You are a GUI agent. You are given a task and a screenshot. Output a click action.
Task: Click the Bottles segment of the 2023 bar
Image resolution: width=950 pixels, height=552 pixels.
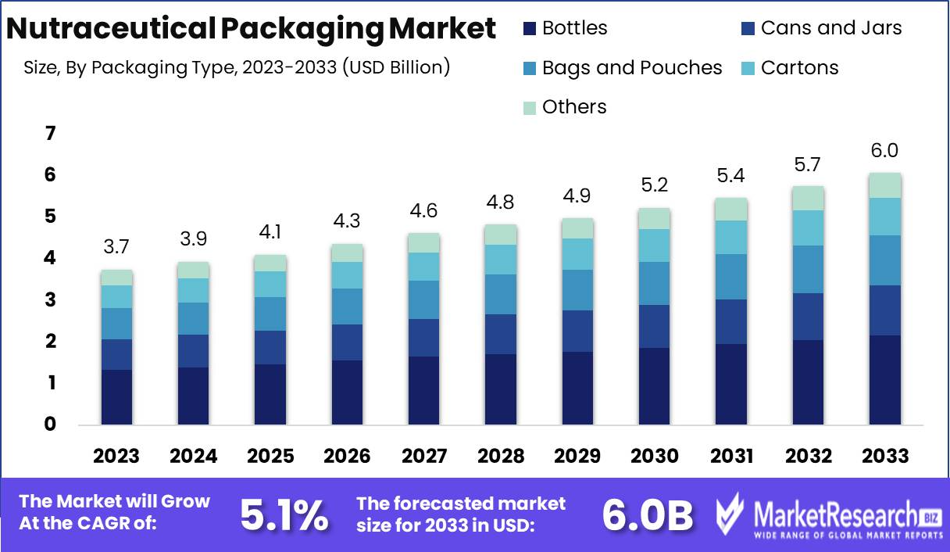pos(116,397)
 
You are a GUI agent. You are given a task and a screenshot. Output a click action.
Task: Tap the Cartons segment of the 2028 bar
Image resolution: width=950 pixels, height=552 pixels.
pos(500,260)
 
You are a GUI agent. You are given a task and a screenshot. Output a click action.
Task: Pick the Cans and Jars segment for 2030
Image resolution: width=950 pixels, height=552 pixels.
pos(654,326)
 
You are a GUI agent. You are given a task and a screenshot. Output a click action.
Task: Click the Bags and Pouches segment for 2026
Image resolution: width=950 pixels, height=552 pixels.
pos(347,306)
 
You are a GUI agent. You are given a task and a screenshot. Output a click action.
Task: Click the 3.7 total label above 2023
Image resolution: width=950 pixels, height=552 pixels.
pos(116,248)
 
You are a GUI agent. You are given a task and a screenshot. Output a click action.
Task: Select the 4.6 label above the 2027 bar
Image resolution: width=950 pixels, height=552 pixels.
pos(423,210)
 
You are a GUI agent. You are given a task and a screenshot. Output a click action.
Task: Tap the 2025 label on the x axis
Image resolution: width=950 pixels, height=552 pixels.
pos(270,456)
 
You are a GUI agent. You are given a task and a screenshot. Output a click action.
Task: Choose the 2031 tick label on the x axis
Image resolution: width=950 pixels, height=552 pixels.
pos(730,456)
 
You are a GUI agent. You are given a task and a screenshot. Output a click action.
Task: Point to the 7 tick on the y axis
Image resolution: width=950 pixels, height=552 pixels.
pos(50,134)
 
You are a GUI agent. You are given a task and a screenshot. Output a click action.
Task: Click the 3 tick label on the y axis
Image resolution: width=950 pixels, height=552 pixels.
pos(50,300)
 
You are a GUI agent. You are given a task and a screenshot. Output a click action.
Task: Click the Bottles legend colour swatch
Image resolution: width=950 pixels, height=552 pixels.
pos(530,29)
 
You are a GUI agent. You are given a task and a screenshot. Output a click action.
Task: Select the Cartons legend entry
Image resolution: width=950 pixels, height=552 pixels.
pos(799,68)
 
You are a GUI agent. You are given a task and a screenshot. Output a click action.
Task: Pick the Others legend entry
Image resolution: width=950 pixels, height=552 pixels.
pos(574,107)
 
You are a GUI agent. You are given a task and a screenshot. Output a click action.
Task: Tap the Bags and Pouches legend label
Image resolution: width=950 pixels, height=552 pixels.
pos(632,68)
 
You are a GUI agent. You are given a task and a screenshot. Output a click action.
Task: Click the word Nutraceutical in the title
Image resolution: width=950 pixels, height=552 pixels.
pos(109,29)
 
